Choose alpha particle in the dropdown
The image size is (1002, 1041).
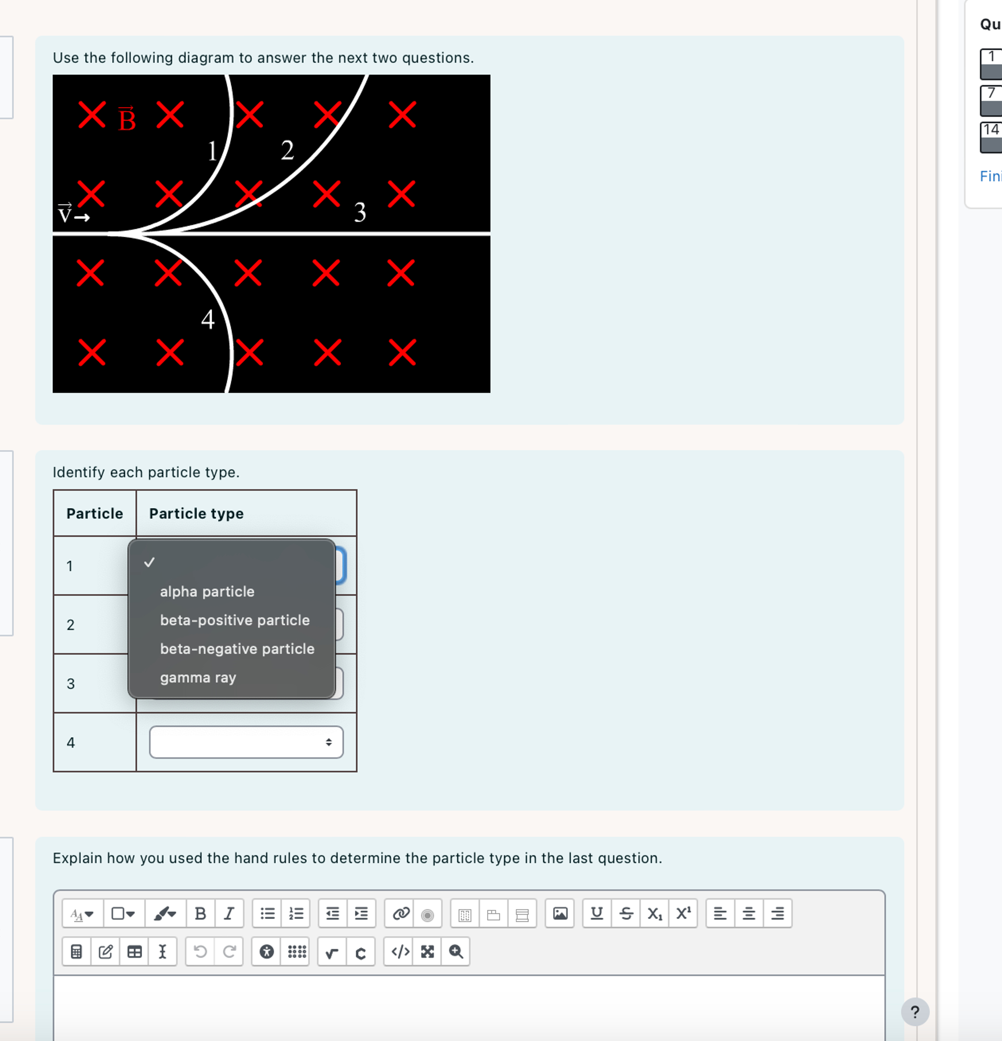coord(207,592)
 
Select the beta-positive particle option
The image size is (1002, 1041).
coord(234,621)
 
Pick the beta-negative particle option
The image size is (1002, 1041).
coord(237,649)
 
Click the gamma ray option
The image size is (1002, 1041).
coord(198,678)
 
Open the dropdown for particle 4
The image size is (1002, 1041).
coord(246,742)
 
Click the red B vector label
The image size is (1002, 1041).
coord(127,119)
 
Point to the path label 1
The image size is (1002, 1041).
coord(212,151)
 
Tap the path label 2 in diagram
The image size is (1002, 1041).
coord(287,150)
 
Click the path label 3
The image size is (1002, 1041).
coord(360,212)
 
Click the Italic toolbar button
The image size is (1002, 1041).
coord(229,914)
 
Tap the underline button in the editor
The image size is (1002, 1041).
coord(597,914)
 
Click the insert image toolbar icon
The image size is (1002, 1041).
coord(560,914)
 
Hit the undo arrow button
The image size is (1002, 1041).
coord(200,952)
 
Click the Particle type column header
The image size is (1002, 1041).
coord(196,514)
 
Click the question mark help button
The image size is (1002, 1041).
coord(914,1012)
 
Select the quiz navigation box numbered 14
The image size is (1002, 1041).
coord(991,137)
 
